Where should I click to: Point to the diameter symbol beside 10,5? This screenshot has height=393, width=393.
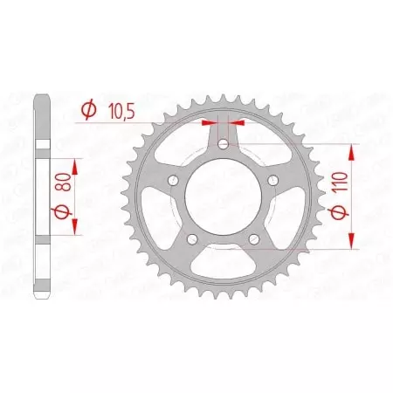(88, 110)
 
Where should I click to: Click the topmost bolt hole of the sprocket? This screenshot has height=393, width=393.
(224, 143)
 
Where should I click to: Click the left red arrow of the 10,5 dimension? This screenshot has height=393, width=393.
(210, 124)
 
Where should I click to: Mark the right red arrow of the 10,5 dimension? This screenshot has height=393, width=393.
(236, 124)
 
